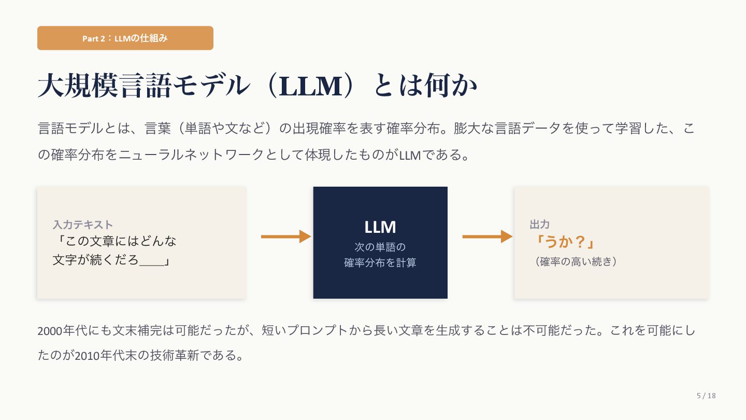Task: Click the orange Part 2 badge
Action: coord(125,38)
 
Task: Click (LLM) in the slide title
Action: coord(310,86)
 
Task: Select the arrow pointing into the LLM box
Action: coord(285,237)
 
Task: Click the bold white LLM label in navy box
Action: coord(380,227)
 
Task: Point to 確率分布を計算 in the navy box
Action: coord(380,263)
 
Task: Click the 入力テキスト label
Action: coord(83,225)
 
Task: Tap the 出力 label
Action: coord(539,225)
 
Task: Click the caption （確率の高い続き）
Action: coord(575,262)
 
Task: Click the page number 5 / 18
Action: coord(706,396)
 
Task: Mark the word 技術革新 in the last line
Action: coord(172,356)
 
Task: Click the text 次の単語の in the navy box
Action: coord(380,247)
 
